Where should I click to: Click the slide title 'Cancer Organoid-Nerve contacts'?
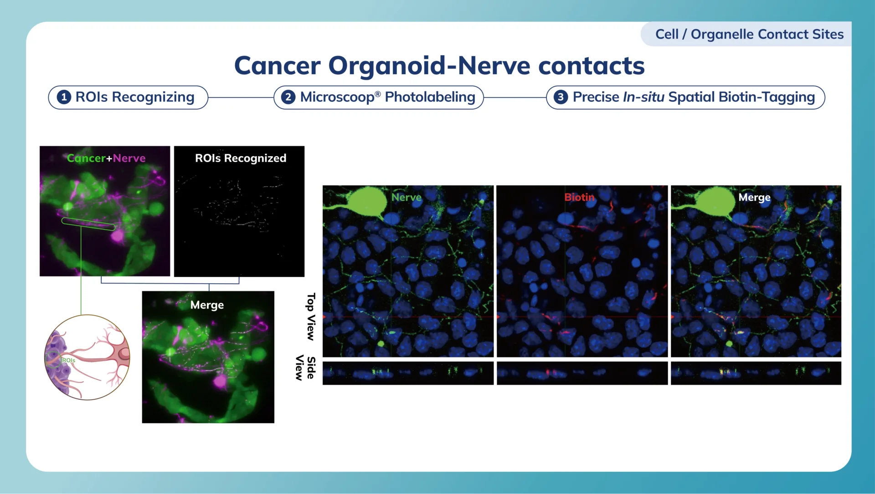tap(439, 66)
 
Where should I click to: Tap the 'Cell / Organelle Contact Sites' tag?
tap(749, 34)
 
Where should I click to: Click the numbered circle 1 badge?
tap(64, 97)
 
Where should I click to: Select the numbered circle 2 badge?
tap(288, 97)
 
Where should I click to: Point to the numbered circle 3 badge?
tap(561, 97)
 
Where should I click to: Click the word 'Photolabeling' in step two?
tap(430, 97)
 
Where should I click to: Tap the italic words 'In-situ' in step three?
tap(643, 97)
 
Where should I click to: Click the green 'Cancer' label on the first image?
tap(86, 158)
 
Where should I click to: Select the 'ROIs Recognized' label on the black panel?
tap(241, 158)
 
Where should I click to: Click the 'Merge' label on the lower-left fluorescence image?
tap(207, 305)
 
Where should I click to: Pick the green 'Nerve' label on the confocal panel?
tap(406, 197)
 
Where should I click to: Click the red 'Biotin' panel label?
tap(579, 197)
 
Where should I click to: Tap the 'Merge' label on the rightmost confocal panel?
tap(754, 197)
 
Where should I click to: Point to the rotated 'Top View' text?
tap(311, 316)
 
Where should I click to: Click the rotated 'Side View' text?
tap(305, 367)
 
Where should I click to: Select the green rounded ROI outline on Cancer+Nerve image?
tap(88, 224)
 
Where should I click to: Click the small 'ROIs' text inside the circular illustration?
tap(68, 360)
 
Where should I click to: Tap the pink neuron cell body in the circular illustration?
tap(123, 353)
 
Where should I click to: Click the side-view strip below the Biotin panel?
tap(582, 373)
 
